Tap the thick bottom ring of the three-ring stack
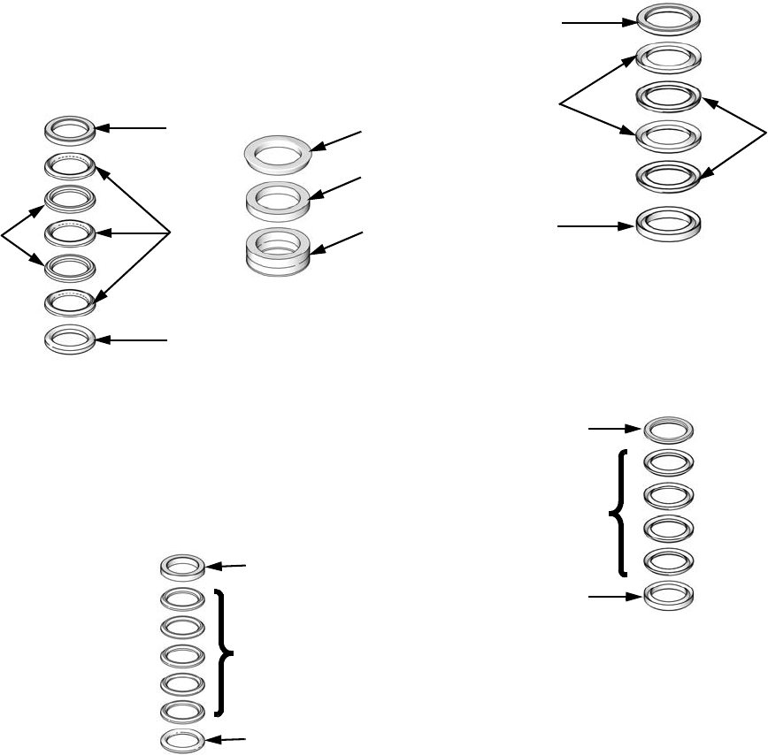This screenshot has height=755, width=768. [x=279, y=248]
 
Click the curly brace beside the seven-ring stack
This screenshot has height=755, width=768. [x=225, y=652]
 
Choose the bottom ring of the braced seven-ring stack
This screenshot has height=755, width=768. [x=182, y=739]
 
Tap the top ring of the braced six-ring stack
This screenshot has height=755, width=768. [x=669, y=430]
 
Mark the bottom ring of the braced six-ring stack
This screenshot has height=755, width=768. [x=669, y=594]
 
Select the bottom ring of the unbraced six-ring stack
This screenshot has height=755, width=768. [x=669, y=222]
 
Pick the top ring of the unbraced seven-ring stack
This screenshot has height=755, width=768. [x=70, y=131]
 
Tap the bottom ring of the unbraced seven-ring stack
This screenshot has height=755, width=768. [x=70, y=339]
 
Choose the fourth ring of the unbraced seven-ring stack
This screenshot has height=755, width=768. [x=70, y=233]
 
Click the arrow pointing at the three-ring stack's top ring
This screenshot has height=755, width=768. [x=337, y=142]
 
